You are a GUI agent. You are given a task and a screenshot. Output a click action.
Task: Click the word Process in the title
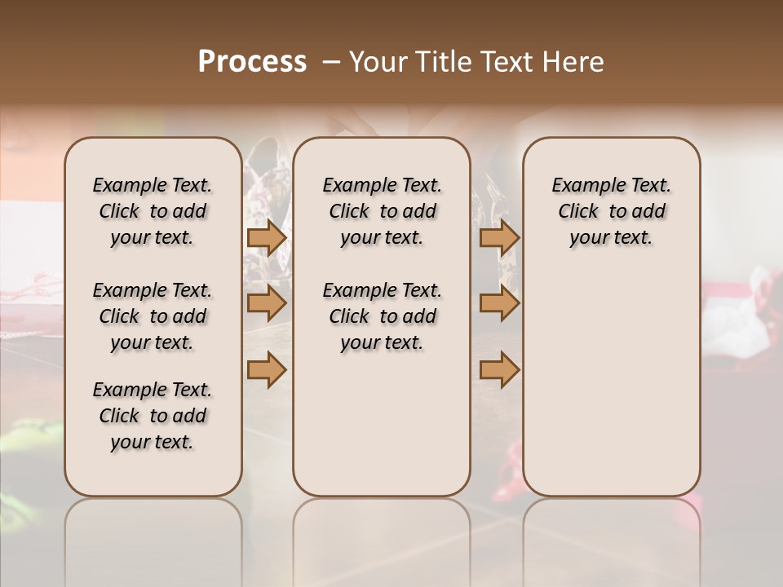click(252, 62)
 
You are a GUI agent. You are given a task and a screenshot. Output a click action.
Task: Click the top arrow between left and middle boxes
click(267, 238)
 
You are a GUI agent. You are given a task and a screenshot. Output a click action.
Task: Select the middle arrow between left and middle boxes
click(267, 304)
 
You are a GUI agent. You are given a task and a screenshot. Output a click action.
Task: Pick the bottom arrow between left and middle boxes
click(267, 369)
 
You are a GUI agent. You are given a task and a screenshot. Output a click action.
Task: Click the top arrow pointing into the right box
click(499, 238)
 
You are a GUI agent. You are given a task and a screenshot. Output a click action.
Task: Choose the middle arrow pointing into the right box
click(499, 304)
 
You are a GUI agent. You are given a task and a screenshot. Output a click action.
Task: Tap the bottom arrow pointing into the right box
click(499, 369)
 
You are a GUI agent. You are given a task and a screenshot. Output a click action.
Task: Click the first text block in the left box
click(153, 211)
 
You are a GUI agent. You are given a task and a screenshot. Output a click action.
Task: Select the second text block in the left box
click(153, 316)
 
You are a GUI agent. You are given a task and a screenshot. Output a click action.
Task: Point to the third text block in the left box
click(153, 416)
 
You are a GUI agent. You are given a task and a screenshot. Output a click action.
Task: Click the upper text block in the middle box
click(382, 211)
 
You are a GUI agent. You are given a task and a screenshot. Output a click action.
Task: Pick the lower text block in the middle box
click(382, 316)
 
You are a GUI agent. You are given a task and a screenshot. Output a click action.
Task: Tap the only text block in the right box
click(612, 211)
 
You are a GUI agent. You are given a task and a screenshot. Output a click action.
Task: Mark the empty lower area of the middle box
click(382, 424)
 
